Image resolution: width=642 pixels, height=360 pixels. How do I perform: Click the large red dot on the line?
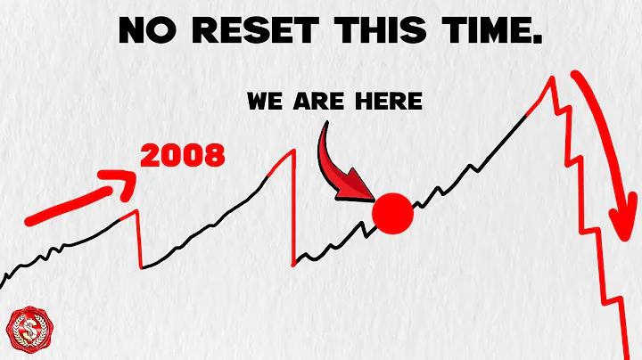pyautogui.click(x=393, y=215)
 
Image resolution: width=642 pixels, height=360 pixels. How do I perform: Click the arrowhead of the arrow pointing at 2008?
pyautogui.click(x=124, y=179)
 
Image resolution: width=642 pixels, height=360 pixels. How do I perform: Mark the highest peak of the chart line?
pyautogui.click(x=553, y=78)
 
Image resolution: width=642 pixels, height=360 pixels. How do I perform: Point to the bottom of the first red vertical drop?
pyautogui.click(x=141, y=267)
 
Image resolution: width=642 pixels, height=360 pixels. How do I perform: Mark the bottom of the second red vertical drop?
pyautogui.click(x=293, y=264)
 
